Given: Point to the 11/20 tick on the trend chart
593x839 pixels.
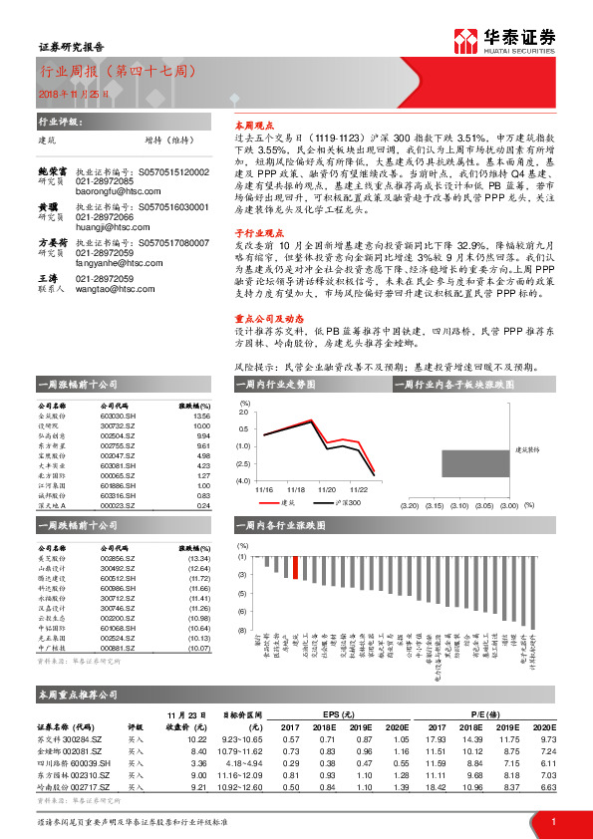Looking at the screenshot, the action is (x=326, y=490).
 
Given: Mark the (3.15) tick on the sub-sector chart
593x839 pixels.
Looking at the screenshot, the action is (x=435, y=506).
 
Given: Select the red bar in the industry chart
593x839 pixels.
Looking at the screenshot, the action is (x=295, y=568).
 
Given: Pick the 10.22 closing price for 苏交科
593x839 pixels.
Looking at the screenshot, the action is (x=197, y=738).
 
